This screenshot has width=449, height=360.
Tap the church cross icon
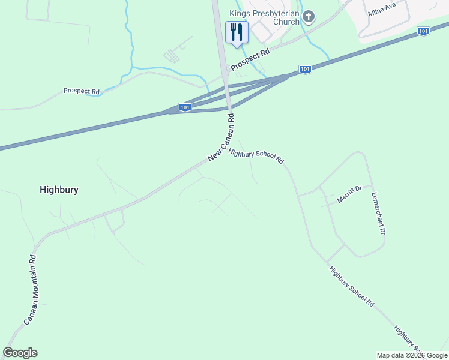309,17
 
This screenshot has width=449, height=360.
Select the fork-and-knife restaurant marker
237,32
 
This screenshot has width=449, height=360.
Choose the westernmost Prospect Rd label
81,91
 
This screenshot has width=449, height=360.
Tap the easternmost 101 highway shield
423,31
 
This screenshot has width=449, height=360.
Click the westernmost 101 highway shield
185,107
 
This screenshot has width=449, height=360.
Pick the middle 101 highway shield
305,70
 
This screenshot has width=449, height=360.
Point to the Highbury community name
59,190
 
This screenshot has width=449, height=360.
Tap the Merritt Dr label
349,194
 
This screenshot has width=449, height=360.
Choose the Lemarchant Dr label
378,213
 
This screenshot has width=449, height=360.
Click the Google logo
20,353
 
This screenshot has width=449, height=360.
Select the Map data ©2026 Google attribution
411,355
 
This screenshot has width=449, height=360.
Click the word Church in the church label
286,22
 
